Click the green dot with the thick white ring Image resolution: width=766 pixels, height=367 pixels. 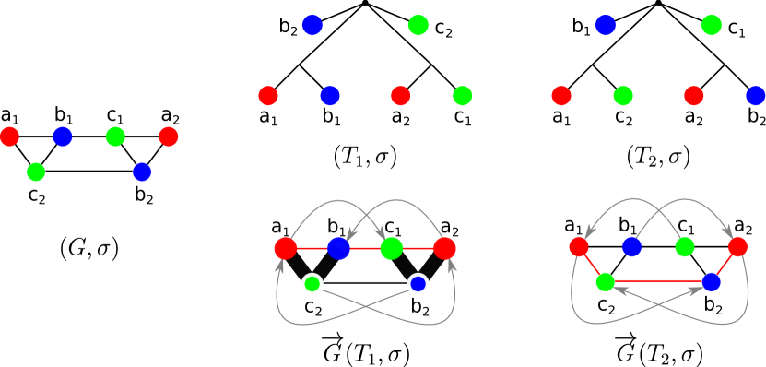click(x=312, y=284)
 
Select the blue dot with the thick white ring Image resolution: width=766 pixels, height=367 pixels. click(x=418, y=284)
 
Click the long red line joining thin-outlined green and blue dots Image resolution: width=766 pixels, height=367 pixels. click(x=658, y=281)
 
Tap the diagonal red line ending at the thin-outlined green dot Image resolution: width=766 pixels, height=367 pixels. click(x=592, y=265)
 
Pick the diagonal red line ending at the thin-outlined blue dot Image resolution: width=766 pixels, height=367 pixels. click(x=725, y=265)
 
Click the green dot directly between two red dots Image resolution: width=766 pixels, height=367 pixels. click(x=623, y=96)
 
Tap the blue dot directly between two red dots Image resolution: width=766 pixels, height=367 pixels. click(x=330, y=96)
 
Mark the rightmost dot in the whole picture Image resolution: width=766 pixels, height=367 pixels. click(x=756, y=96)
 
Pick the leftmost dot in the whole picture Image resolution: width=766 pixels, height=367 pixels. click(x=9, y=136)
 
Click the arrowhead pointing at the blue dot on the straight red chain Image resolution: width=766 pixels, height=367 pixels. click(x=350, y=236)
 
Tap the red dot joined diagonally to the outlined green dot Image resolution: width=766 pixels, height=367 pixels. click(x=579, y=246)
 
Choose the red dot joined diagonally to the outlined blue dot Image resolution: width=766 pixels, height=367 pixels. click(x=737, y=246)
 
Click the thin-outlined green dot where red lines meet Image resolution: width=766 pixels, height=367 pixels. click(x=606, y=282)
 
